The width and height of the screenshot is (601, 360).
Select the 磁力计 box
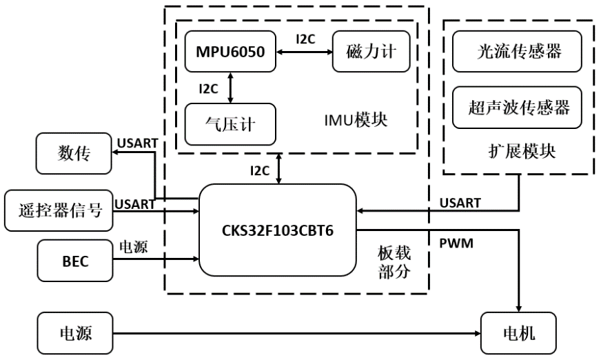point(370,52)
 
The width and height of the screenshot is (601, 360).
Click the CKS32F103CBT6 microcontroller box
point(277,230)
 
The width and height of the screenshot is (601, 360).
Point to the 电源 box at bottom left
point(73,334)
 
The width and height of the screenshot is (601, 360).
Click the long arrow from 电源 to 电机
point(296,334)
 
